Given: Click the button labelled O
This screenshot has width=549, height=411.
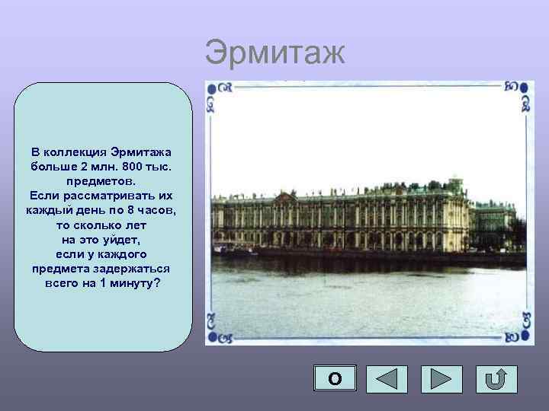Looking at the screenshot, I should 334,379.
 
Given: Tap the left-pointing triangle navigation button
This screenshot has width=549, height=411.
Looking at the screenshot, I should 387,379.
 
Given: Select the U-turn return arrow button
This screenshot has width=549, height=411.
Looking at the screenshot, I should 496,379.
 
